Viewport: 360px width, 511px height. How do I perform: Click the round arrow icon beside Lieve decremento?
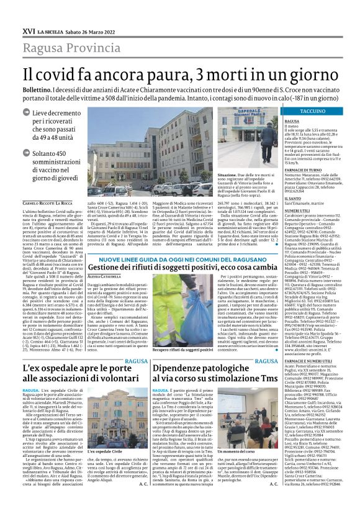[x=25, y=113]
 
